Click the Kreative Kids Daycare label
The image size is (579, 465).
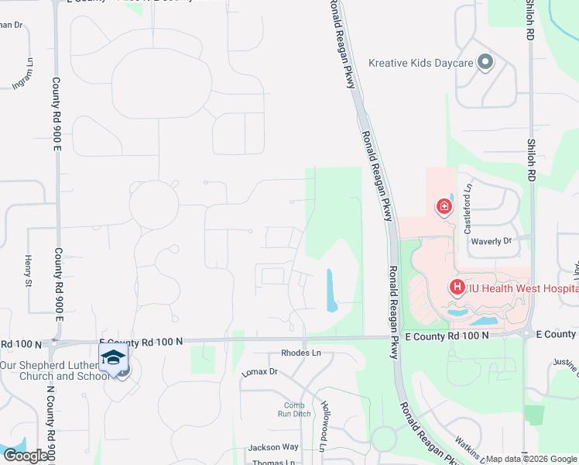point(420,63)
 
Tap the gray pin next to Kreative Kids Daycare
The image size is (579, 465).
point(485,62)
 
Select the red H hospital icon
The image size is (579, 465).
point(457,288)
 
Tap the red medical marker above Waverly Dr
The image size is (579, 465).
point(444,206)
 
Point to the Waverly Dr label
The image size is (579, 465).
point(492,241)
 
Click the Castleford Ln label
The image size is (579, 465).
point(468,197)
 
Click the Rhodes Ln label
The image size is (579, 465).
point(300,353)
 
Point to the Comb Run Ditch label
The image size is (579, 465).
point(294,409)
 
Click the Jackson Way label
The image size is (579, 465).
point(273,447)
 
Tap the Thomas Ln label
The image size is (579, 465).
point(274,463)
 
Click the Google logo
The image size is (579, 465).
point(25,456)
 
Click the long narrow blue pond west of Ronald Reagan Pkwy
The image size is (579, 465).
point(332,290)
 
